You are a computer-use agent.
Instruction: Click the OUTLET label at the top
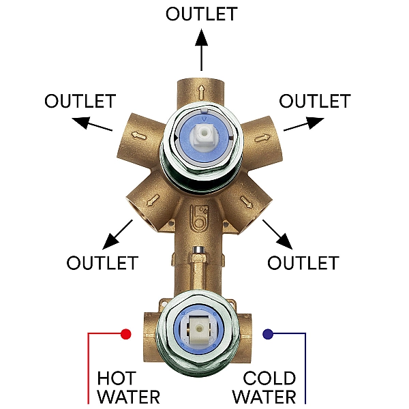click(x=201, y=14)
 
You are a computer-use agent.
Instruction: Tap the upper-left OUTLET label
click(x=80, y=101)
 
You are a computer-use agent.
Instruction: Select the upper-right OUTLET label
click(x=315, y=101)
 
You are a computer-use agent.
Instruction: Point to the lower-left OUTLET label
click(x=102, y=262)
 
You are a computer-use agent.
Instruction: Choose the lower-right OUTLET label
click(x=303, y=262)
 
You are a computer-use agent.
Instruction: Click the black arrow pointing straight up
click(x=201, y=50)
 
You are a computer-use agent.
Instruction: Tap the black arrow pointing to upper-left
click(x=92, y=124)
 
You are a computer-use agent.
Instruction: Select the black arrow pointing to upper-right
click(x=304, y=124)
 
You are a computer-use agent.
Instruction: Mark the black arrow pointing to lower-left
click(x=117, y=234)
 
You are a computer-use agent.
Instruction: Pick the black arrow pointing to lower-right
click(x=277, y=234)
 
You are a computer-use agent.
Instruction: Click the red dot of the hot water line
click(x=125, y=334)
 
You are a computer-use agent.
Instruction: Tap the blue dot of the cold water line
click(x=268, y=334)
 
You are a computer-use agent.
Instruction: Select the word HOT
click(x=117, y=378)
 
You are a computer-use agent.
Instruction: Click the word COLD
click(x=269, y=378)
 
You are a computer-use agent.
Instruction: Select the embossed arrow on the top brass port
click(x=201, y=92)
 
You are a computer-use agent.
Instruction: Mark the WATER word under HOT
click(x=128, y=397)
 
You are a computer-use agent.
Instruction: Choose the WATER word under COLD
click(x=264, y=397)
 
